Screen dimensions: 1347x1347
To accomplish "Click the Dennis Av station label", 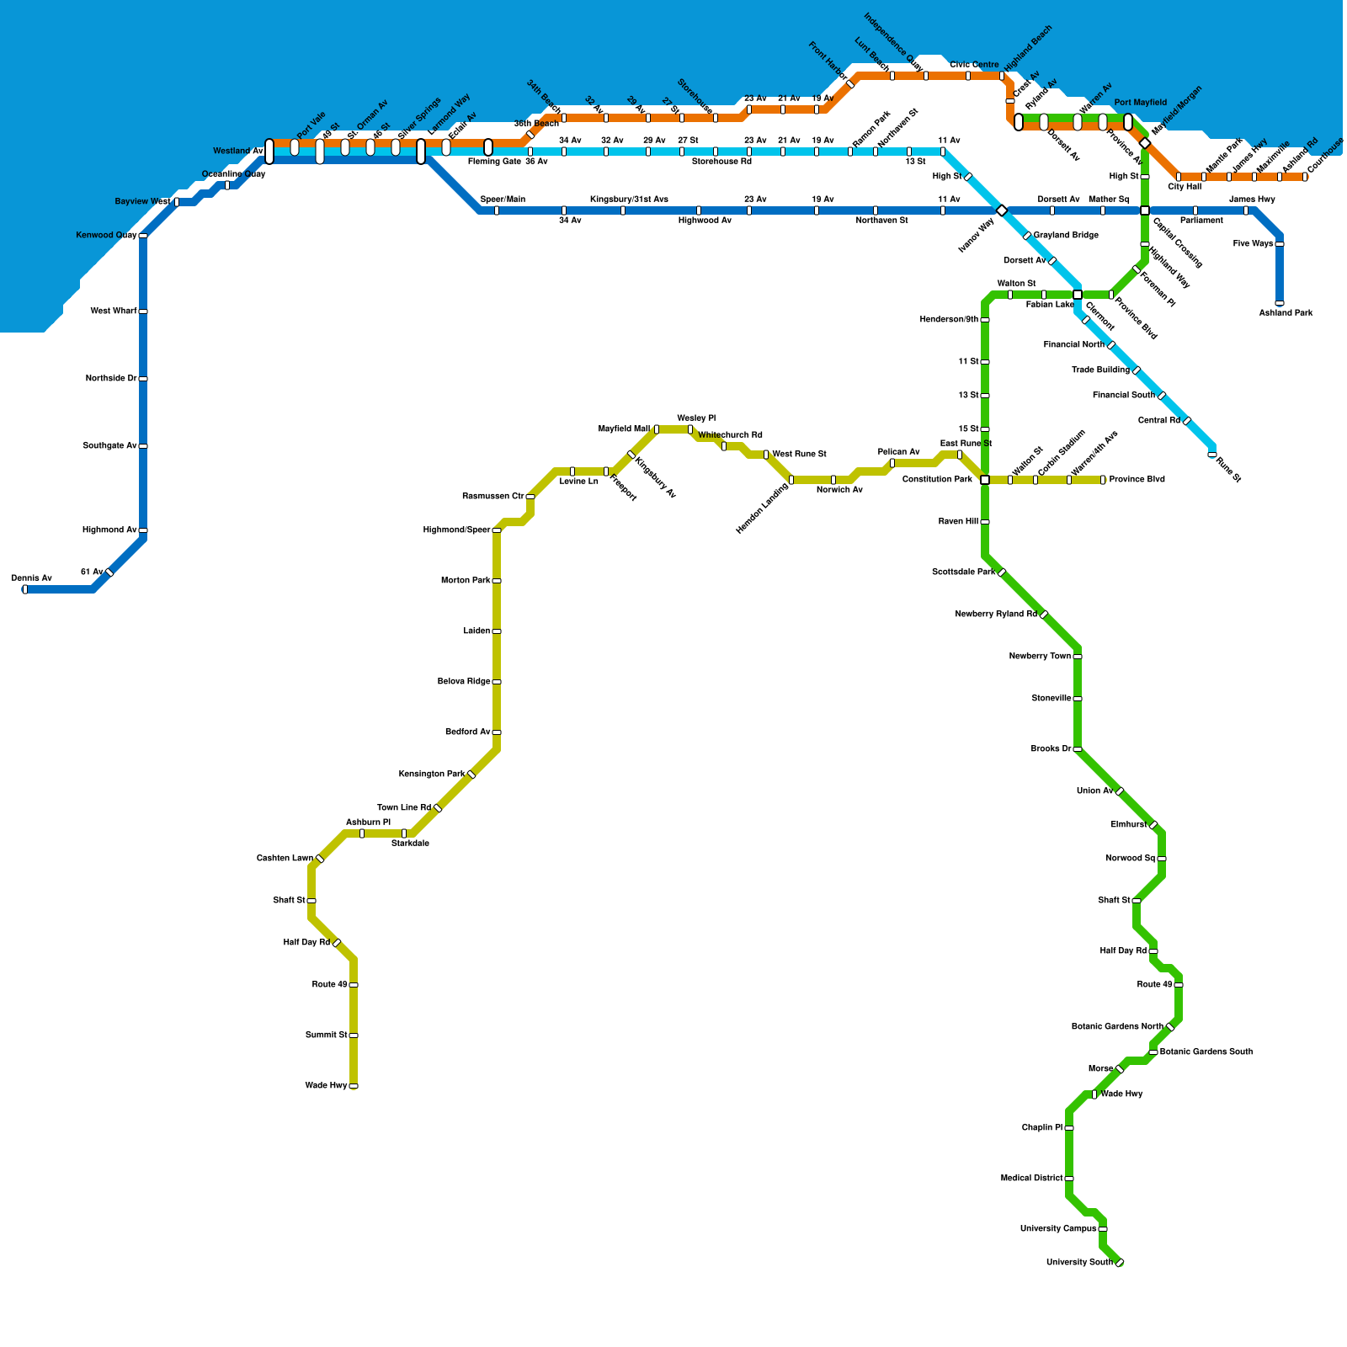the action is point(31,578).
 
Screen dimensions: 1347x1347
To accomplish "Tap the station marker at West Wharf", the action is point(143,311).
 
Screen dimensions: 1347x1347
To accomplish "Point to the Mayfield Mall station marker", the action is point(657,429).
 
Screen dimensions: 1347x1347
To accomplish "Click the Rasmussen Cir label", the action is point(492,497).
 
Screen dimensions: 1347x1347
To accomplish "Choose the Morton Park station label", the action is point(466,581).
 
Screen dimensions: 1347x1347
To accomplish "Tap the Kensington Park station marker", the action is point(471,775).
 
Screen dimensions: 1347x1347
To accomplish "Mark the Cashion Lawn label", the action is point(285,859).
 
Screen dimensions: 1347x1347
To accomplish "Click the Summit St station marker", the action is point(354,1036).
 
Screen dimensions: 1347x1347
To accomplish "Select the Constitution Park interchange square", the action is point(985,480).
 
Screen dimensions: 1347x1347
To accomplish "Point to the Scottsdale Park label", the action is point(963,572).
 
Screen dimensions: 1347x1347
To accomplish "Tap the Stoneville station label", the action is point(1052,699).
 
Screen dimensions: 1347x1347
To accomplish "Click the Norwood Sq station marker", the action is point(1162,859).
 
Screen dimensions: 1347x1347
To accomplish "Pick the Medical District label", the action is point(1031,1179).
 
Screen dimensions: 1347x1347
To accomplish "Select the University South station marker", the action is point(1120,1263).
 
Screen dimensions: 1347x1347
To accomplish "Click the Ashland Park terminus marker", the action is point(1280,303).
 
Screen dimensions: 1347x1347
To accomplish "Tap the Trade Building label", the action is point(1100,370).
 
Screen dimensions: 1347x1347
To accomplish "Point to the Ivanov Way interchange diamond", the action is point(1002,210).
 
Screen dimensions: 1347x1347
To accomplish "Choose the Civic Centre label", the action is point(974,65).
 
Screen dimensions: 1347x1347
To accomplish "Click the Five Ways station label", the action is point(1253,244).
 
